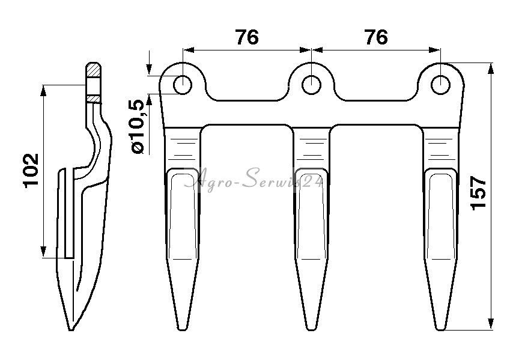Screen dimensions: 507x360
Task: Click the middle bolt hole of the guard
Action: [311, 85]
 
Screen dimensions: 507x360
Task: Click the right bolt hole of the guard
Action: [440, 85]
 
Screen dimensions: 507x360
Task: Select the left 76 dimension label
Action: [247, 37]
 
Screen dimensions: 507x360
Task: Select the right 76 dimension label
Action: [376, 37]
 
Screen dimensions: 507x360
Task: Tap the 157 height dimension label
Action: [479, 194]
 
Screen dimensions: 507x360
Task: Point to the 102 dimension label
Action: [31, 171]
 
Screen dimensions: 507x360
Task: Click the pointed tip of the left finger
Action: [183, 329]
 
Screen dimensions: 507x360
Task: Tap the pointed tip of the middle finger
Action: [311, 329]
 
